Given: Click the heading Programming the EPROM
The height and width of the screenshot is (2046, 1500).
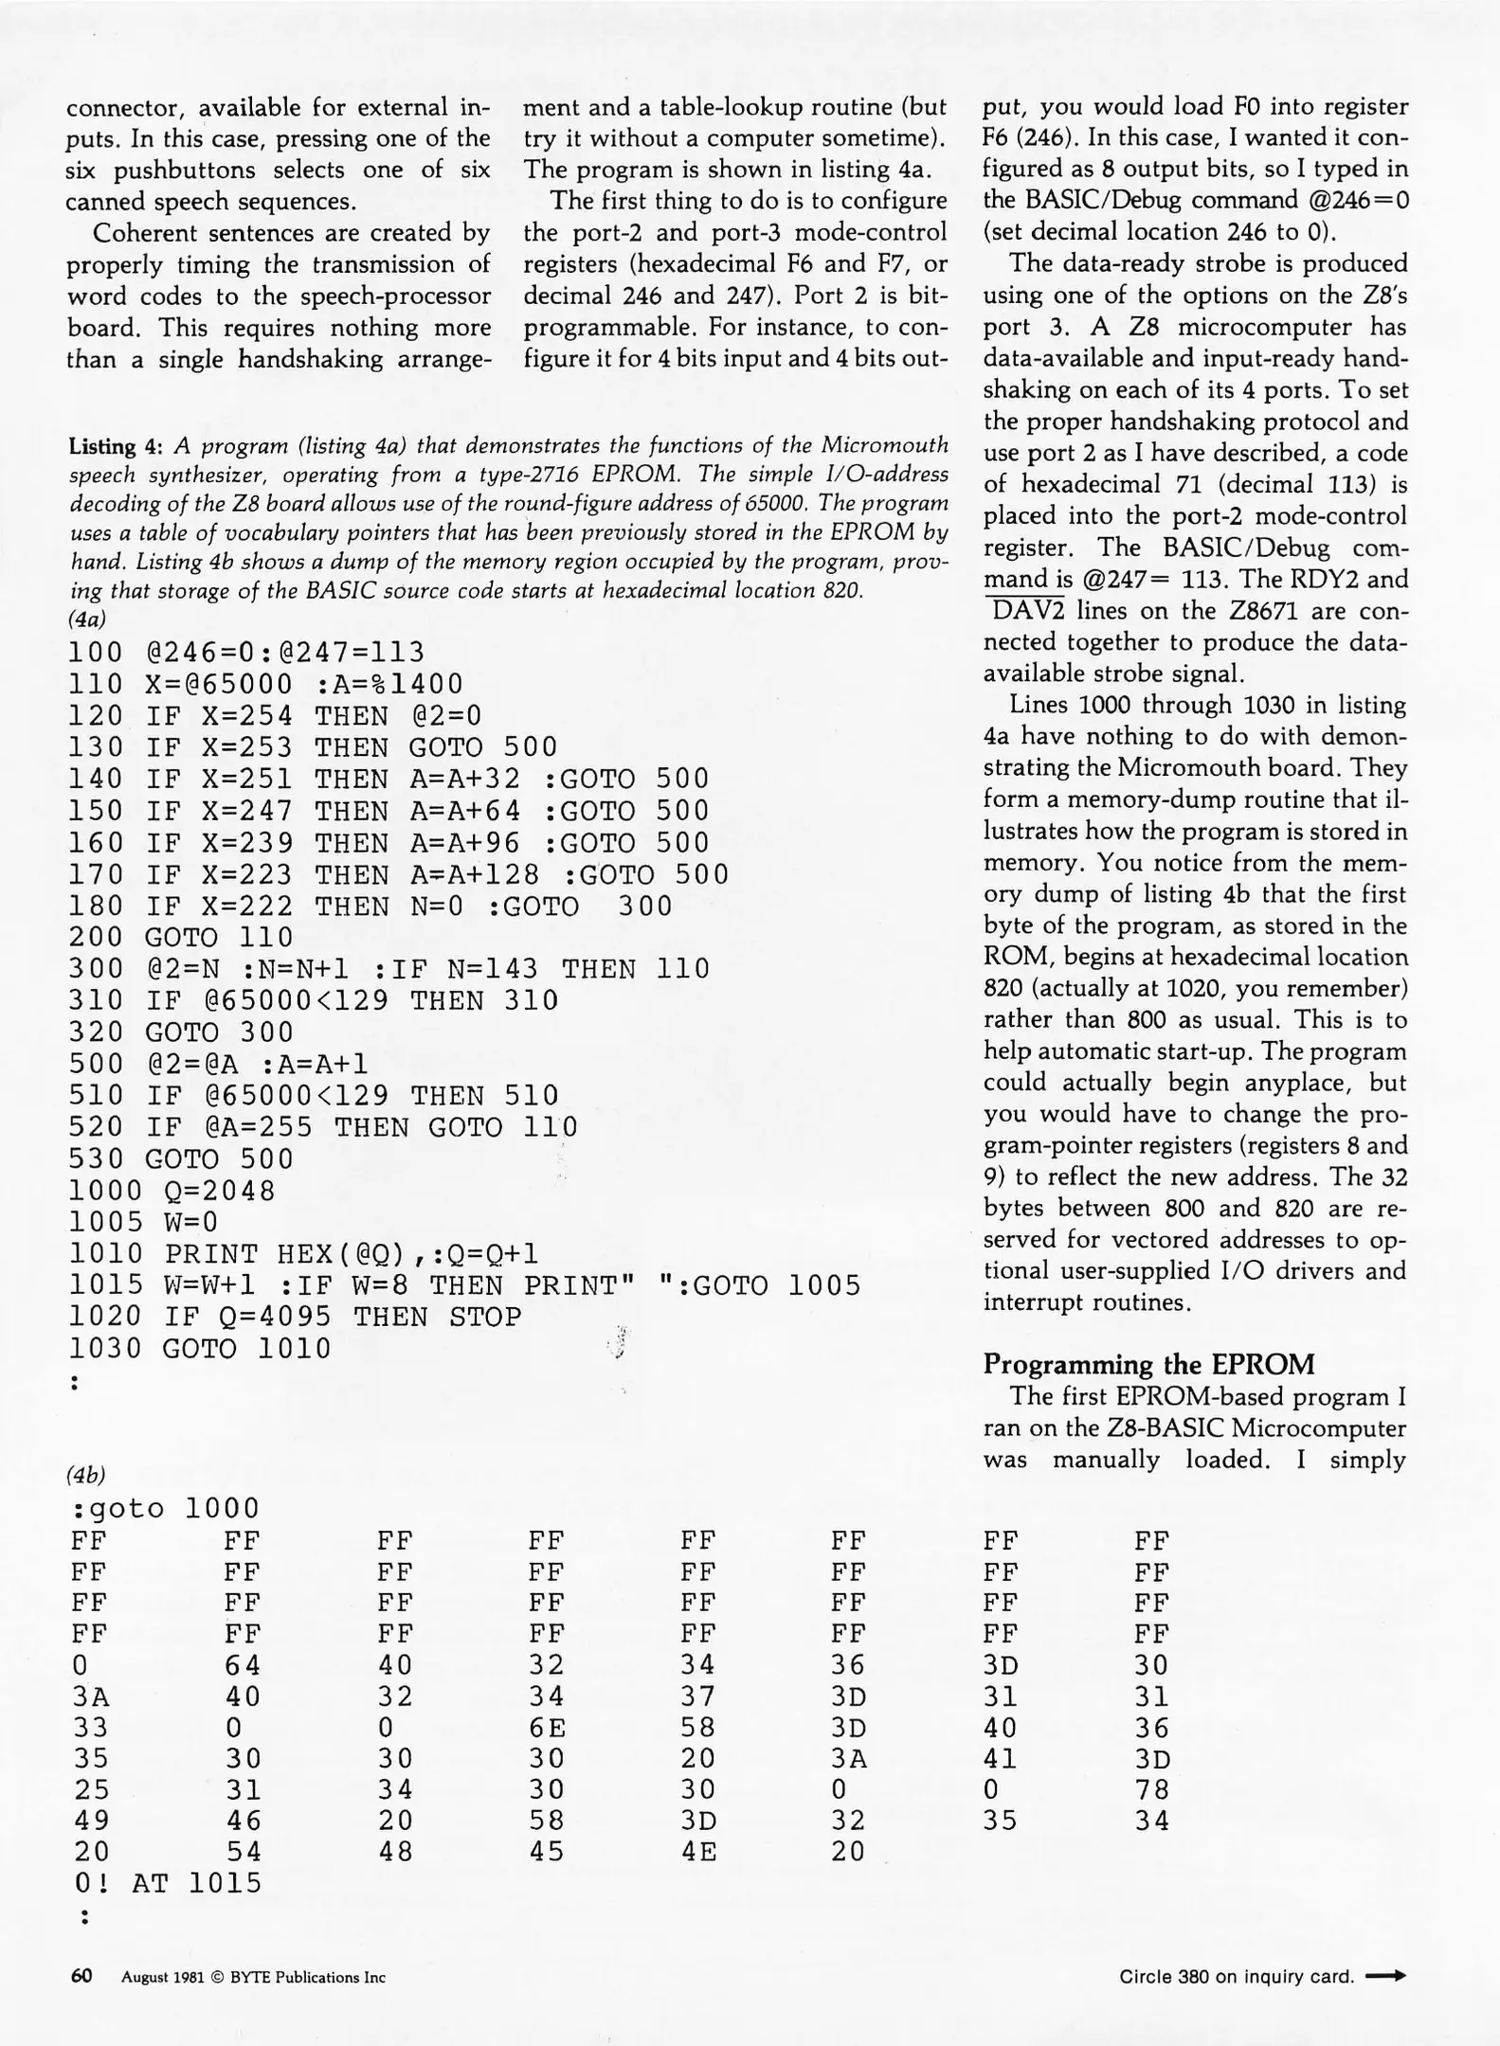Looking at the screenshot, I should coord(1148,1364).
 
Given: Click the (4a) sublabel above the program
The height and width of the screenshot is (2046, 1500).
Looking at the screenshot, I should coord(86,619).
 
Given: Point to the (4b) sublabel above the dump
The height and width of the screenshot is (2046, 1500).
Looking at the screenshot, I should coord(86,1475).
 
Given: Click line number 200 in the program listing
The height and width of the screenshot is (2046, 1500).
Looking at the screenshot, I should coord(96,938).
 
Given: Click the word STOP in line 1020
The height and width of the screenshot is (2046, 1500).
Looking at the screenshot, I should coord(485,1318).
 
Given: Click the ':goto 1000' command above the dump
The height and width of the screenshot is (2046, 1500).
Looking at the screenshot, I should coord(165,1508).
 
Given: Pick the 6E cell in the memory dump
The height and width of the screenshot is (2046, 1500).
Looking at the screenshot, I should coord(547,1729).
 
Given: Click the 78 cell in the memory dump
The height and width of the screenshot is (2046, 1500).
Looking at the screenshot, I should coord(1152,1790).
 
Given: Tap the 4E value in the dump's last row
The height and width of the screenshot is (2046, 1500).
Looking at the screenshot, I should coord(698,1852).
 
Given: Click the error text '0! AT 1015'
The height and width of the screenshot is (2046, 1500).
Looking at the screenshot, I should coord(167,1883).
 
